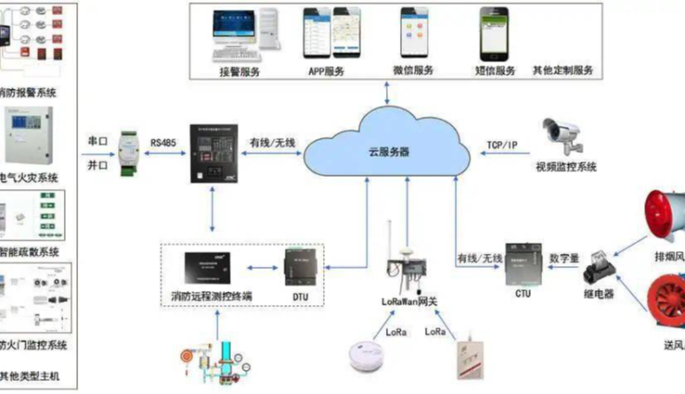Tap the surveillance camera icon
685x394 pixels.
(x=564, y=134)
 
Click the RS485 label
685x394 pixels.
(x=163, y=142)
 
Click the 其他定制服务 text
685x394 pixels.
(x=563, y=70)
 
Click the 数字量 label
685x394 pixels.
(x=565, y=257)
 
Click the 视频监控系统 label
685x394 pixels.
(x=566, y=166)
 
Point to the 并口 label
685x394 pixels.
(x=98, y=165)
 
